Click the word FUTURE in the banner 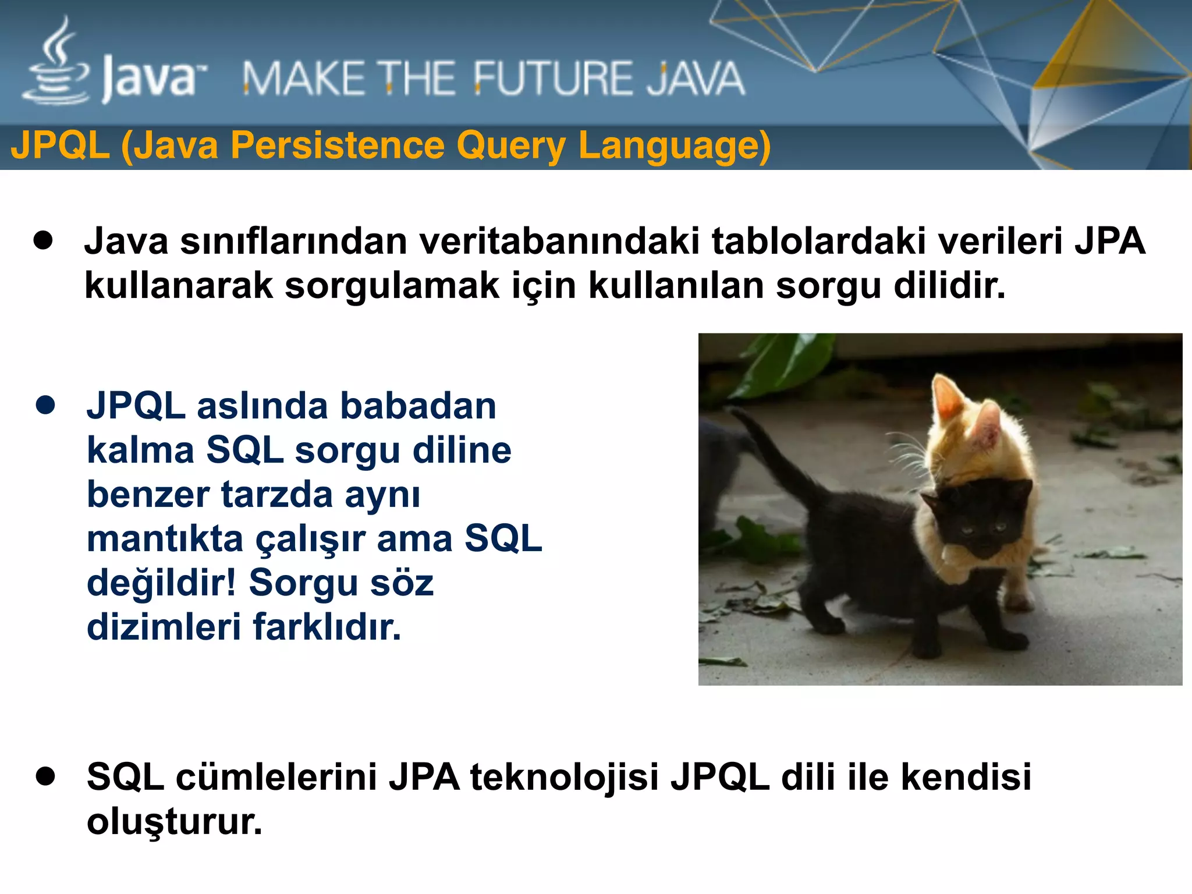(551, 79)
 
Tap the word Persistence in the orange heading (338, 146)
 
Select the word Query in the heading (510, 146)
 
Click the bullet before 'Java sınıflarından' (44, 240)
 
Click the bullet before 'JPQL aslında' (45, 405)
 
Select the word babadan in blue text (418, 406)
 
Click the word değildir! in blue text (161, 583)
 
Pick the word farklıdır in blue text (327, 627)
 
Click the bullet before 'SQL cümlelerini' (45, 776)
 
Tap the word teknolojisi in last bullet (564, 777)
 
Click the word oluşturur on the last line (174, 822)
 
